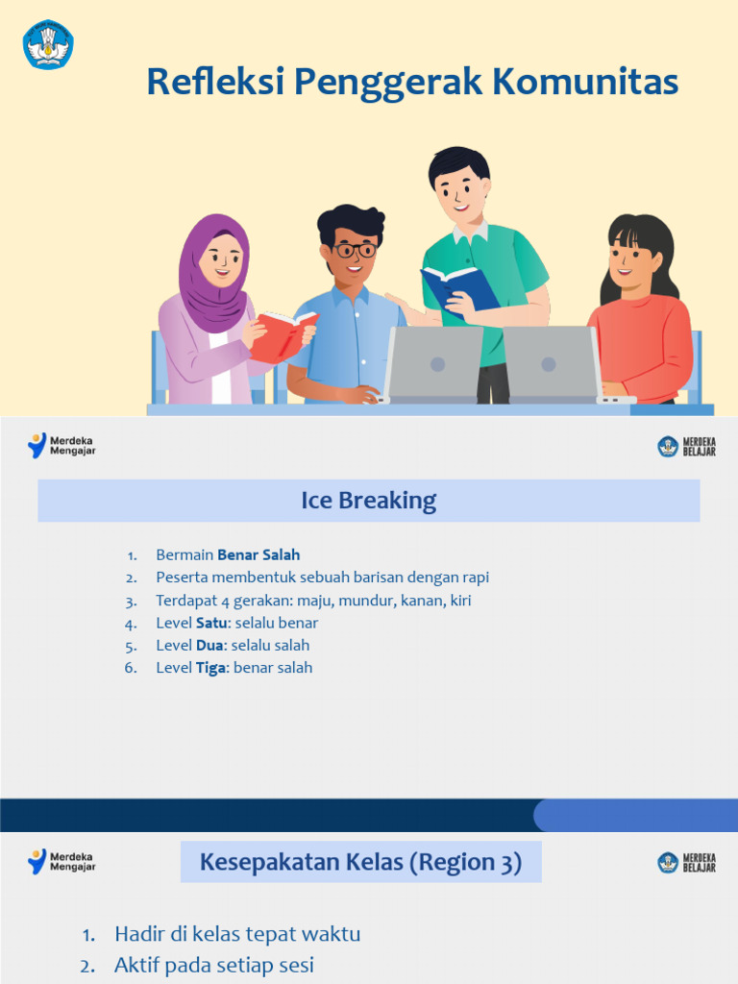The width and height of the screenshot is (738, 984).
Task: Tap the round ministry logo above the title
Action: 48,44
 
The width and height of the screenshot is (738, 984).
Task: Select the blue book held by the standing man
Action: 460,288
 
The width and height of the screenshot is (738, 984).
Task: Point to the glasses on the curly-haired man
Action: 356,251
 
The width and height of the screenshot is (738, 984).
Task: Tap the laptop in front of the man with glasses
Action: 435,363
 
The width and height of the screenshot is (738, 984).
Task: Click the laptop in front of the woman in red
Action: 551,363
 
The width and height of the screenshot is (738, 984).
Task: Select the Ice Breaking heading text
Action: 369,501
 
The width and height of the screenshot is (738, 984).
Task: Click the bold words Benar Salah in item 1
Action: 258,554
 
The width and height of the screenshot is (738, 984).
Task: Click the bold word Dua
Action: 209,645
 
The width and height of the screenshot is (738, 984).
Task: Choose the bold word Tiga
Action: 210,668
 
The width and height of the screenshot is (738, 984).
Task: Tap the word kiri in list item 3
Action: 460,601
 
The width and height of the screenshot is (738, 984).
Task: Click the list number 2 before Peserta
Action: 131,578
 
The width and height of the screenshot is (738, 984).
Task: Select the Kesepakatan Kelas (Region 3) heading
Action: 360,862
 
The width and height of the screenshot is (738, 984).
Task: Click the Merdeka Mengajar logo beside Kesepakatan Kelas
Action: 61,861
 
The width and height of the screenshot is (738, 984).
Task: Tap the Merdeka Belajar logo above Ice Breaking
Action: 686,446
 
